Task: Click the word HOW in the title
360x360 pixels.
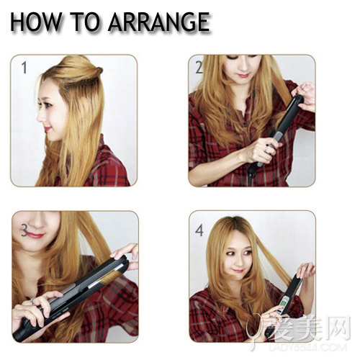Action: [36, 22]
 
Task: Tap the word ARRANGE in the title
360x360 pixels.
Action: [158, 22]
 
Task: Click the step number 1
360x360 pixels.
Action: [24, 68]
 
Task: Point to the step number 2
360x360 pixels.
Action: [199, 68]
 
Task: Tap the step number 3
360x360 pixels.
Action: [24, 230]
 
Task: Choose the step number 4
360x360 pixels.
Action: [199, 230]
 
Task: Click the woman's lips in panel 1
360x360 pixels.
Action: [48, 129]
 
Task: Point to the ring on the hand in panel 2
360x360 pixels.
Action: [266, 150]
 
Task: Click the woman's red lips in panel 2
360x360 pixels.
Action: [244, 76]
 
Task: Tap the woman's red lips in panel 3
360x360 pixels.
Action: [36, 235]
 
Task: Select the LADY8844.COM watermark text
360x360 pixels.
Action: [311, 347]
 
